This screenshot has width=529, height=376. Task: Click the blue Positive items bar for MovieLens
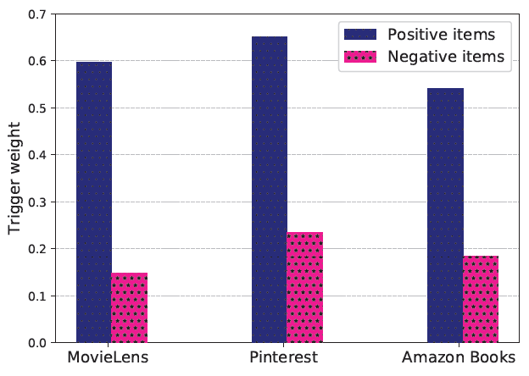click(93, 202)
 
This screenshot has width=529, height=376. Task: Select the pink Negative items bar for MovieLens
click(129, 307)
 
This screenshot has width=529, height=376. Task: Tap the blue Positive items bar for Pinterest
click(270, 190)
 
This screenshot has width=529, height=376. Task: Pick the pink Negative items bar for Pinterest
click(304, 287)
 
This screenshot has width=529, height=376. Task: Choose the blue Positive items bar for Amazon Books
click(445, 215)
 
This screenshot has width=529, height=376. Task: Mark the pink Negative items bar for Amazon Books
click(480, 299)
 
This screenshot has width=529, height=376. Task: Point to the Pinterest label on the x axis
click(285, 357)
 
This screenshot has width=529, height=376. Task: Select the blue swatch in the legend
click(360, 35)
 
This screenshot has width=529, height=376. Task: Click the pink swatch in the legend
click(360, 57)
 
